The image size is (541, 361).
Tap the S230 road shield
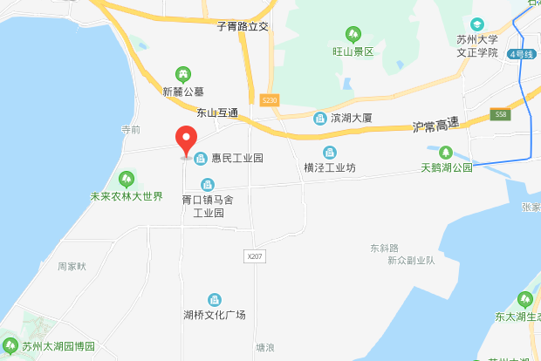click(x=269, y=101)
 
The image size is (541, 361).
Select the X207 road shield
click(x=255, y=255)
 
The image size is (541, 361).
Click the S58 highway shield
click(x=500, y=114)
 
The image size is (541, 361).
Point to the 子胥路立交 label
click(x=243, y=27)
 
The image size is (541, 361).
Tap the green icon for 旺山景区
click(x=353, y=35)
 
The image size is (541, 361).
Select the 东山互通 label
click(x=217, y=112)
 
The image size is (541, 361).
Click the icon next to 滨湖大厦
click(x=319, y=116)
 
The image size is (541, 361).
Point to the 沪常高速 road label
click(x=435, y=126)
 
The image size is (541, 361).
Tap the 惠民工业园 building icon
click(x=202, y=158)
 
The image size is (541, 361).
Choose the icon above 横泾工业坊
click(x=329, y=152)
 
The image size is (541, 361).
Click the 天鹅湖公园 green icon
click(x=446, y=152)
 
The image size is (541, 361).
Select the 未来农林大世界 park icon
click(x=127, y=180)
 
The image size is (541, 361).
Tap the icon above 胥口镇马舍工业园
click(x=208, y=184)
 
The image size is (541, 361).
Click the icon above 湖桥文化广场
click(x=215, y=299)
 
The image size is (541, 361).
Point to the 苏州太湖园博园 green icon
click(x=10, y=344)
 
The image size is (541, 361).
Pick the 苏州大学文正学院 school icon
click(x=476, y=24)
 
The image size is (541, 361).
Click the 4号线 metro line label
click(x=524, y=54)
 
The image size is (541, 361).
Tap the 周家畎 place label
click(x=72, y=266)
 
